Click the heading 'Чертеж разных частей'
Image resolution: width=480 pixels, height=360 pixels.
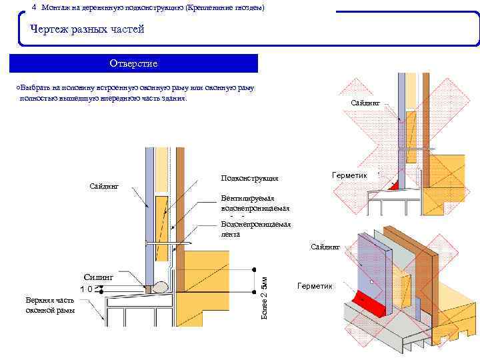click(x=87, y=30)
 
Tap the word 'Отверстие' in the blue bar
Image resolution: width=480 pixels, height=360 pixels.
click(x=133, y=63)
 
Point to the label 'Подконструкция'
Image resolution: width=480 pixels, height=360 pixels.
click(x=249, y=179)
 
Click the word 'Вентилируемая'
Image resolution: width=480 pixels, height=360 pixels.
click(x=247, y=199)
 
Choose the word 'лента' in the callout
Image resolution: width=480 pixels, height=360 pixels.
click(x=231, y=235)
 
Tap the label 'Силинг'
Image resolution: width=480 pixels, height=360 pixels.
click(x=99, y=275)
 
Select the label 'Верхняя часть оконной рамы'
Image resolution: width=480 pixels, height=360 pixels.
click(x=51, y=305)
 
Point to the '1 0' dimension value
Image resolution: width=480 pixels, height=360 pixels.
click(x=86, y=289)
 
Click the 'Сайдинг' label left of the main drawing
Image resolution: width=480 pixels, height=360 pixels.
click(x=104, y=185)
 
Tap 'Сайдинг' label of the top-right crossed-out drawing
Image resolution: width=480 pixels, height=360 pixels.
click(x=365, y=103)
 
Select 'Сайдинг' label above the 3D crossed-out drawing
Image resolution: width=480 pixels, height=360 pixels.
click(x=325, y=247)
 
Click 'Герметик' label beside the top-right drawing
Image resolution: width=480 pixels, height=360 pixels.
click(x=350, y=175)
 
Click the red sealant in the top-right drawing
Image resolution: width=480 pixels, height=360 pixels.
click(x=393, y=185)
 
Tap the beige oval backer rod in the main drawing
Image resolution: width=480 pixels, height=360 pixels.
click(x=161, y=287)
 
